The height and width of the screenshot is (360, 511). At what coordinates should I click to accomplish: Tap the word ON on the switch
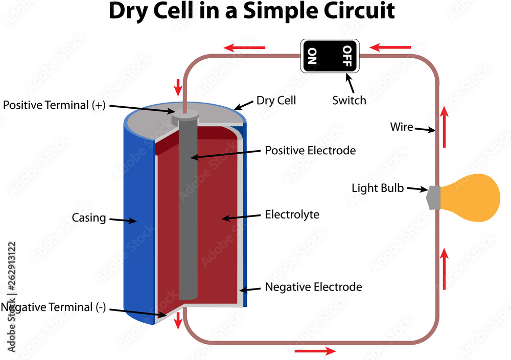pyautogui.click(x=312, y=56)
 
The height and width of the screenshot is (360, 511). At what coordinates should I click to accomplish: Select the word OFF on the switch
pyautogui.click(x=347, y=56)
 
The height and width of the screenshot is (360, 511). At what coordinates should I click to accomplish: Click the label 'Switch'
pyautogui.click(x=349, y=100)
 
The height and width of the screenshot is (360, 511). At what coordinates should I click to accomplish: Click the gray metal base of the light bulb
pyautogui.click(x=433, y=198)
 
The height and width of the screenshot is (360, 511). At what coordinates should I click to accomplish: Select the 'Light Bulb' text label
pyautogui.click(x=378, y=188)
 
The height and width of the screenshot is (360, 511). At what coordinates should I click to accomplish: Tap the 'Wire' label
pyautogui.click(x=401, y=127)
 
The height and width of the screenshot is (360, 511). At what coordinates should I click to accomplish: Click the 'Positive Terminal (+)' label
pyautogui.click(x=53, y=105)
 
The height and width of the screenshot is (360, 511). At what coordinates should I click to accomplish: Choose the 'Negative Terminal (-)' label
pyautogui.click(x=53, y=307)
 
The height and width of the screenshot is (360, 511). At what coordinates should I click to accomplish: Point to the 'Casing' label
pyautogui.click(x=88, y=218)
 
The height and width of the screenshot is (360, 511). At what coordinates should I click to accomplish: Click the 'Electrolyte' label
pyautogui.click(x=292, y=214)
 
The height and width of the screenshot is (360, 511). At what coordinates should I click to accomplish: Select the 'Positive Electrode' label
pyautogui.click(x=310, y=151)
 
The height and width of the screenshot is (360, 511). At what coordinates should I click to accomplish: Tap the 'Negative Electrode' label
pyautogui.click(x=313, y=287)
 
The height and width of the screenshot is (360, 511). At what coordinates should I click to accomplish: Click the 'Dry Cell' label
pyautogui.click(x=276, y=100)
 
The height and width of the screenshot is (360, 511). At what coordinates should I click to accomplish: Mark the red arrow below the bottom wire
pyautogui.click(x=315, y=351)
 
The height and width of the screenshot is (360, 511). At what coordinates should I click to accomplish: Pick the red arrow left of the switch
pyautogui.click(x=245, y=48)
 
